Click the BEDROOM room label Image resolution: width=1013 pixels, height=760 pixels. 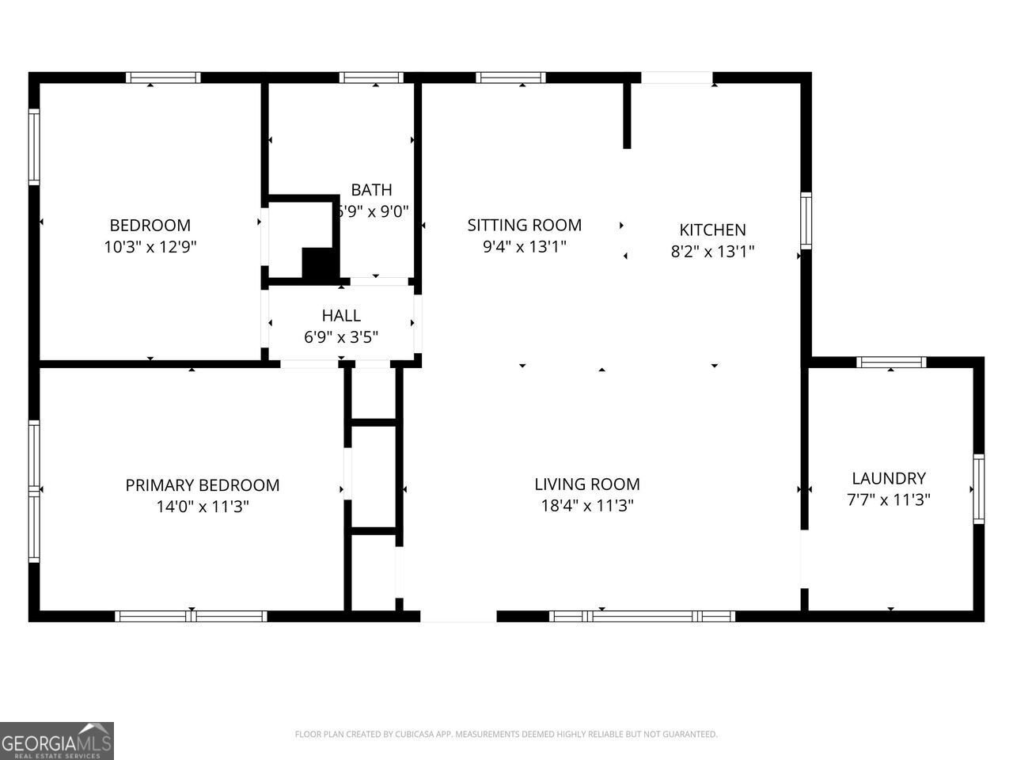pyautogui.click(x=150, y=225)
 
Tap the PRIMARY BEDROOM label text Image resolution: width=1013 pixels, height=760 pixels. pyautogui.click(x=203, y=485)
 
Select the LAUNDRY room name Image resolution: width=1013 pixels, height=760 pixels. pyautogui.click(x=889, y=478)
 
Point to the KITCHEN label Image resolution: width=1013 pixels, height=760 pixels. pyautogui.click(x=712, y=230)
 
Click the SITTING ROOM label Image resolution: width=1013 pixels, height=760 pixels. pyautogui.click(x=524, y=225)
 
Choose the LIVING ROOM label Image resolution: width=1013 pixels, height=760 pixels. pyautogui.click(x=587, y=484)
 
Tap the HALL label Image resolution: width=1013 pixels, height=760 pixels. pyautogui.click(x=341, y=316)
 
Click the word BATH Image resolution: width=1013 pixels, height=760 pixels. pyautogui.click(x=371, y=190)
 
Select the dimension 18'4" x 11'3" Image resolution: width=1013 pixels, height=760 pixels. pyautogui.click(x=587, y=506)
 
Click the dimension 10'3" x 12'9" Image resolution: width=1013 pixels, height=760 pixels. pyautogui.click(x=150, y=247)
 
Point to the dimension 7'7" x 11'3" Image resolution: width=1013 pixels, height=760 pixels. pyautogui.click(x=889, y=500)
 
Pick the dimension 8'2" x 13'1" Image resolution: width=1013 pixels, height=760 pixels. pyautogui.click(x=712, y=252)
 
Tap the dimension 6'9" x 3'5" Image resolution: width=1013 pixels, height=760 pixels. pyautogui.click(x=341, y=337)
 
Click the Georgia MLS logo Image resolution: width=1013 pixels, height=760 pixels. pyautogui.click(x=57, y=741)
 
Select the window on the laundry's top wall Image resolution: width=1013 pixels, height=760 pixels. pyautogui.click(x=891, y=363)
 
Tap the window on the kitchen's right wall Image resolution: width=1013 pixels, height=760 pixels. pyautogui.click(x=806, y=221)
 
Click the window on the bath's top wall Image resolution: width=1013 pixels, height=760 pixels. pyautogui.click(x=371, y=78)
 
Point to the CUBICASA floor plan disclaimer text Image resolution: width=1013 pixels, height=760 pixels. pyautogui.click(x=506, y=734)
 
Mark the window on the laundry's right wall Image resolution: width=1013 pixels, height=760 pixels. pyautogui.click(x=978, y=489)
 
